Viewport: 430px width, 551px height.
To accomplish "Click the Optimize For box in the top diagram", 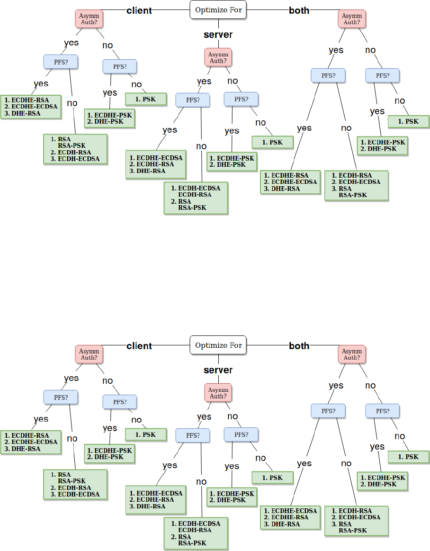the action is pos(218,10).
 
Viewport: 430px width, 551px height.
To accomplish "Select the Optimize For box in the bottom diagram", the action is pos(218,345).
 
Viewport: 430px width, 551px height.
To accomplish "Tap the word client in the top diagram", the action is pos(139,10).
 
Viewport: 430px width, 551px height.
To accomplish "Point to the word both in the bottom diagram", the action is pos(299,346).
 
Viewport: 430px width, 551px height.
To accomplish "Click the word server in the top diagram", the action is pos(218,35).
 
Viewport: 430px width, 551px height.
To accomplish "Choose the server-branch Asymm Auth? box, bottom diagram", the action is pos(218,393).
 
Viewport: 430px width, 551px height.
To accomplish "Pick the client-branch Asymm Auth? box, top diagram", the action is pos(89,19).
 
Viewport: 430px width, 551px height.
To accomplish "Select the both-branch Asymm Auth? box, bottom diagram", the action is pos(352,354).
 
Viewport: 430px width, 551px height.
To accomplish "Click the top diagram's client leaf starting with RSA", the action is pos(75,149).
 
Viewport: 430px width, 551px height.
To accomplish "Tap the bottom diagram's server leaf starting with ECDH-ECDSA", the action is pos(196,533).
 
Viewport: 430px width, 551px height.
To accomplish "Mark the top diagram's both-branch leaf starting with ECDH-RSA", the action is pos(357,185).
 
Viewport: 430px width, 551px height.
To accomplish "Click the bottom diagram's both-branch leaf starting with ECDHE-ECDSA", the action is pos(290,517).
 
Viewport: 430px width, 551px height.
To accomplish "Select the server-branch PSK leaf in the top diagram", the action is pos(273,142).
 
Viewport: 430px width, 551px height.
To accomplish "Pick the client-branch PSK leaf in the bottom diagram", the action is pos(146,434).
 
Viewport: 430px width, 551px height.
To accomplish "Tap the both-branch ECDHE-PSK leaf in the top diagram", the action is pos(383,145).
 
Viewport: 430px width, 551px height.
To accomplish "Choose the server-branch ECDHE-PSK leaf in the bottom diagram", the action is pos(232,497).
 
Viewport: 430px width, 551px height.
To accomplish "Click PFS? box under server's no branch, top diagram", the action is pos(242,99).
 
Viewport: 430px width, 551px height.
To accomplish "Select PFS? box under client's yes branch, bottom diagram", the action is pos(61,397).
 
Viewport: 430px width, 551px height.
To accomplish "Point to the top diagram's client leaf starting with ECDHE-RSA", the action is pos(31,107).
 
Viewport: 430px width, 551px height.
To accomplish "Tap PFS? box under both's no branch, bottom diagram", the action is pos(383,411).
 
